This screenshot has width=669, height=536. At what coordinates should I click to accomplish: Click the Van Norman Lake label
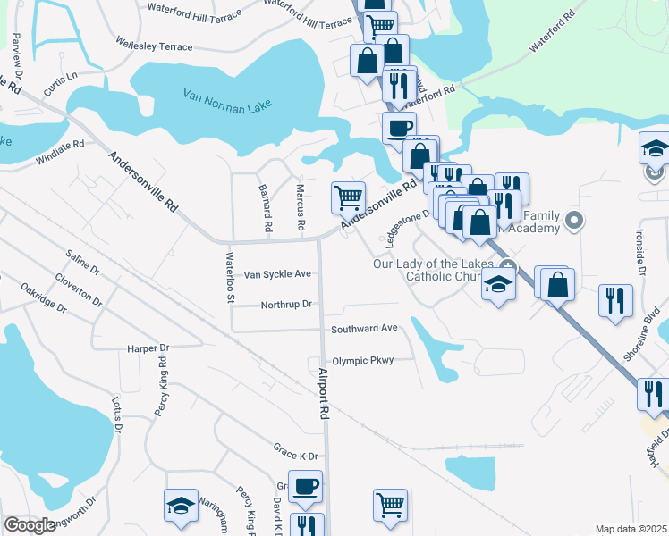point(226,100)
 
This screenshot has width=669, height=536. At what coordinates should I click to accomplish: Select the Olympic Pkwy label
point(362,361)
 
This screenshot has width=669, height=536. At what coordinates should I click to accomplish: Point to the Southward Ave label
point(363,328)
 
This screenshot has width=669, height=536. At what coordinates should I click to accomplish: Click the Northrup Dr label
point(286,305)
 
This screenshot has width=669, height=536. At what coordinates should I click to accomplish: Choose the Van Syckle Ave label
point(277,274)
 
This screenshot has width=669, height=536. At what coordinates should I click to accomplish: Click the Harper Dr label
point(148,348)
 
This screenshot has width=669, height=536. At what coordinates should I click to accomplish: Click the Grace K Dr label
point(296,455)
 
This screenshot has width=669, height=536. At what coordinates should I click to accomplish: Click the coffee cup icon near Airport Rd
point(305,486)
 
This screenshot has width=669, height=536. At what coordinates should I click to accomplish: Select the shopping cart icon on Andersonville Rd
point(348,196)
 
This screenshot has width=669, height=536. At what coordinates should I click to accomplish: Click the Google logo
point(30,525)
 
